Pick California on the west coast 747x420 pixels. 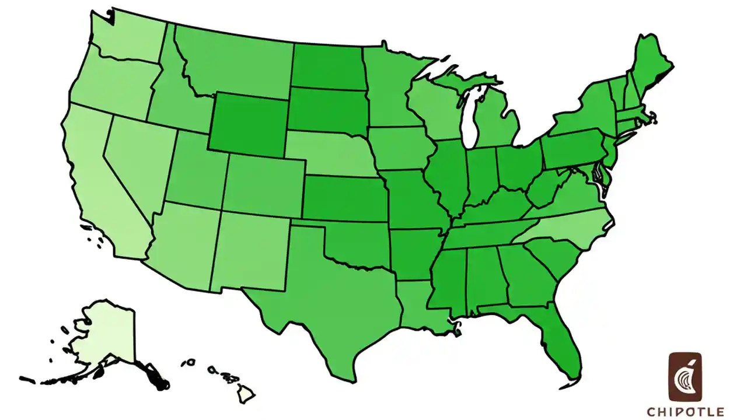[x=102, y=187]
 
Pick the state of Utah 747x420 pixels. [x=196, y=169]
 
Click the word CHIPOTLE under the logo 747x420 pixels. [x=686, y=412]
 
